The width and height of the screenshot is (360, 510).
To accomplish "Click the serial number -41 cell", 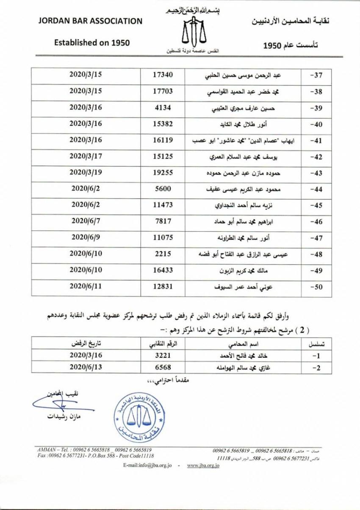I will click(x=317, y=140).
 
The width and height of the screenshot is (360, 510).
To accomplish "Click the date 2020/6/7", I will click(x=86, y=221).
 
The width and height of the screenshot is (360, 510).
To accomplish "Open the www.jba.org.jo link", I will click(x=202, y=466).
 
